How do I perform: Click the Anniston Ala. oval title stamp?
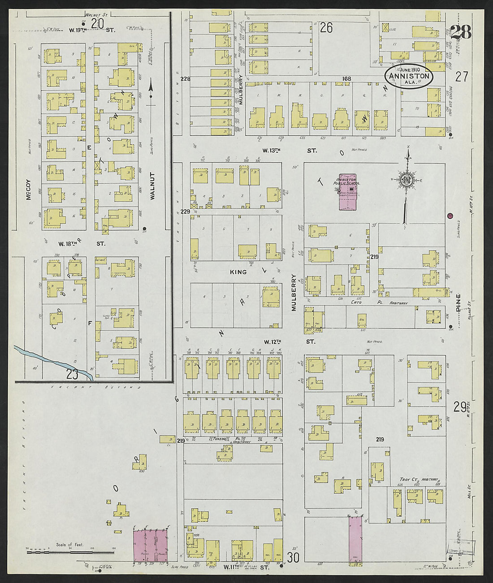point(409,77)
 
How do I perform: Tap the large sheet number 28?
point(460,32)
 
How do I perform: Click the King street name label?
point(238,272)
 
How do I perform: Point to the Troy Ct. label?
point(409,479)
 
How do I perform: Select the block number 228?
point(186,79)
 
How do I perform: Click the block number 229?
point(186,211)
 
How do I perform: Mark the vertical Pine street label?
point(458,303)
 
